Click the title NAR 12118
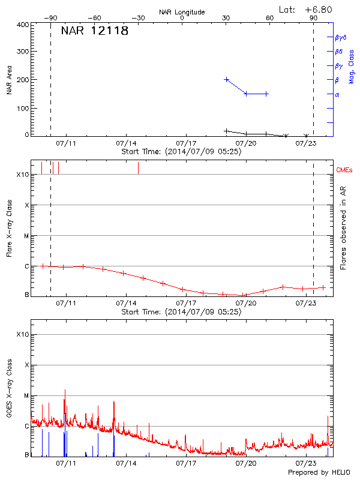click(x=95, y=31)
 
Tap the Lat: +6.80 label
click(x=305, y=10)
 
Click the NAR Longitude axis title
click(x=182, y=12)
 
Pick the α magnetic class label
click(x=337, y=95)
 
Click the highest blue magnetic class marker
click(x=226, y=79)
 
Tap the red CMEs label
click(x=345, y=170)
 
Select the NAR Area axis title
click(x=9, y=80)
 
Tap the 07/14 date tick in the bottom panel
click(x=126, y=464)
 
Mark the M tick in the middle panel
click(x=26, y=236)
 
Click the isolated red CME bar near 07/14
click(x=138, y=168)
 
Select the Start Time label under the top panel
click(x=181, y=152)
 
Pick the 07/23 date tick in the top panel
click(x=307, y=143)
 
